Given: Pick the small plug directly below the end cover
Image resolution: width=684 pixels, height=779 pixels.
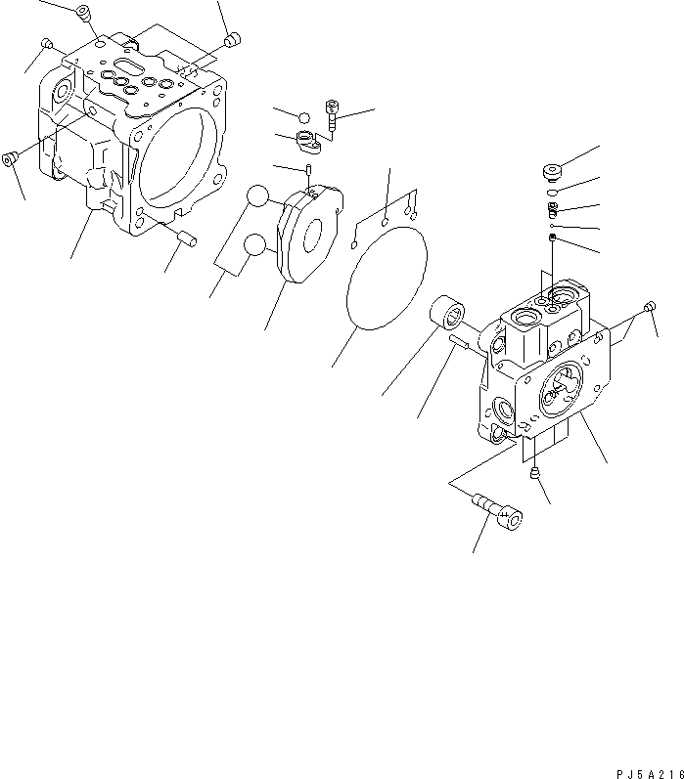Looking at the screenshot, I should coord(535,475).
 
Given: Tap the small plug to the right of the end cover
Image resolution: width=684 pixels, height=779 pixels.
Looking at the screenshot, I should coord(649,309).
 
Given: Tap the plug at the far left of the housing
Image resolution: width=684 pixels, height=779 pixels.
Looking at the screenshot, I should coord(12,158).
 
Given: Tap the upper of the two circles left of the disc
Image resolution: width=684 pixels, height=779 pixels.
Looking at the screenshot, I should coord(257,197).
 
